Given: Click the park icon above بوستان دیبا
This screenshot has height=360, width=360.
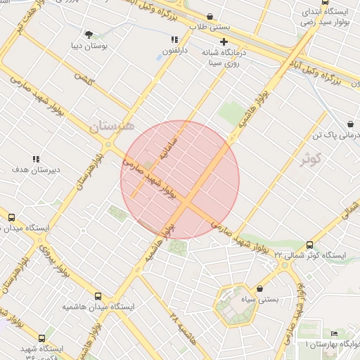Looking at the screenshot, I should tap(89, 34).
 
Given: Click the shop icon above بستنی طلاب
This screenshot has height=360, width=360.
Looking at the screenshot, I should tap(210, 16).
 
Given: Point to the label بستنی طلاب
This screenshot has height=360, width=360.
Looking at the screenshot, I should tap(210, 27).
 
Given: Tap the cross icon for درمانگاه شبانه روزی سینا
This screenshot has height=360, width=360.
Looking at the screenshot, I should tap(224, 41).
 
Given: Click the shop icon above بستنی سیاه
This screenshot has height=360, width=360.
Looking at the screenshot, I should tap(260, 288).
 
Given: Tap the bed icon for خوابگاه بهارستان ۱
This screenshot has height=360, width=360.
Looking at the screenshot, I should tap(334, 333).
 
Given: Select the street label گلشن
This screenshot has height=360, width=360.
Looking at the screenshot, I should tap(84, 77).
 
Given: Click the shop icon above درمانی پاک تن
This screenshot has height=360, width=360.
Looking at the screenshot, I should tap(350, 124).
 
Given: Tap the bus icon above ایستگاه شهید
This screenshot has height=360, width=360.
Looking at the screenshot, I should tap(42, 338).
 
